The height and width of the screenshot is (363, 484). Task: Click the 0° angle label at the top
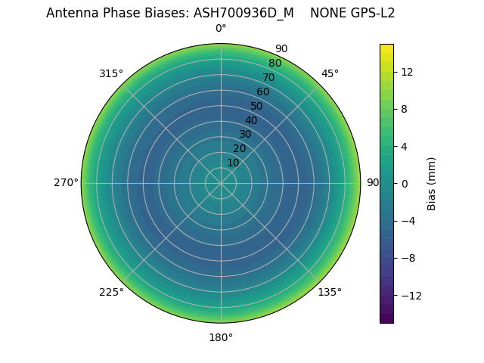(221, 29)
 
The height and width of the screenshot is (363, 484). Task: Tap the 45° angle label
(330, 73)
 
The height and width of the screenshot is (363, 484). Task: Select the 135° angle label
(330, 292)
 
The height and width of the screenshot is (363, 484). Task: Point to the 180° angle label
(221, 337)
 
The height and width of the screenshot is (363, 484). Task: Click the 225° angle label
(111, 292)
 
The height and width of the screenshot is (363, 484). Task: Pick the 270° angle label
(66, 183)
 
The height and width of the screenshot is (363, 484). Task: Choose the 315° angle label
(111, 73)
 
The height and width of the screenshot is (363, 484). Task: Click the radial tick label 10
(233, 163)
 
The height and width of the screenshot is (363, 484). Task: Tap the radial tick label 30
(245, 134)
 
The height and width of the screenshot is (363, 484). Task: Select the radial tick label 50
(257, 106)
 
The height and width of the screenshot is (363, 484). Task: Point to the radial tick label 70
(269, 77)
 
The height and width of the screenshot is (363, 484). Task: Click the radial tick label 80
(275, 64)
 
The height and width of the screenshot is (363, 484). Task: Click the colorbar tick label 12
(406, 72)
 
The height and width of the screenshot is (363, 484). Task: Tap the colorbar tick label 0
(405, 184)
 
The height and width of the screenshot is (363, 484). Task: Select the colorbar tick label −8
(408, 258)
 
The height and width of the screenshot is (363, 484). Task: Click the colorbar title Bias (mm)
(432, 183)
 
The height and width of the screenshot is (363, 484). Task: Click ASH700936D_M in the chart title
(244, 13)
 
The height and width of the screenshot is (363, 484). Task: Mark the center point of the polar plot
(221, 183)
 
